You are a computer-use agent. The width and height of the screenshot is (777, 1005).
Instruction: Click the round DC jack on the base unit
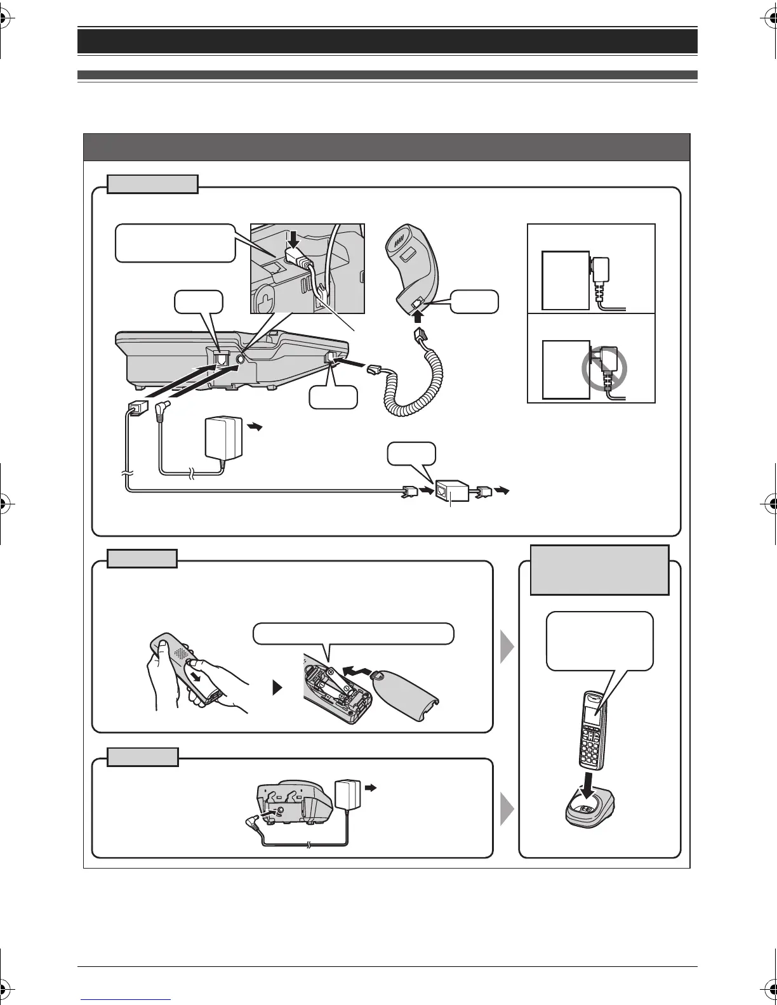[x=239, y=359]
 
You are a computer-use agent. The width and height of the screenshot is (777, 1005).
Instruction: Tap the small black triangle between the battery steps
[x=277, y=688]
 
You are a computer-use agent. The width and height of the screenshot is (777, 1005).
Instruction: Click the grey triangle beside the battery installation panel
[x=508, y=647]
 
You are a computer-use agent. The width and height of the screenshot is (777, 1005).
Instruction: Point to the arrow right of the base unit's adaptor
[x=254, y=428]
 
